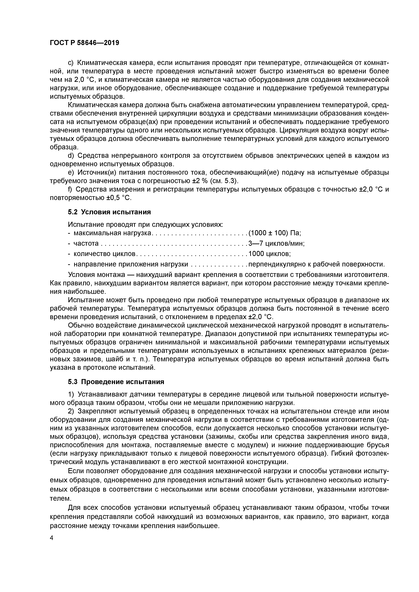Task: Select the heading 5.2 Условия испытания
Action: coord(109,212)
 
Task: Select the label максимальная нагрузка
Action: coord(112,233)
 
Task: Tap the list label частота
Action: coord(86,243)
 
